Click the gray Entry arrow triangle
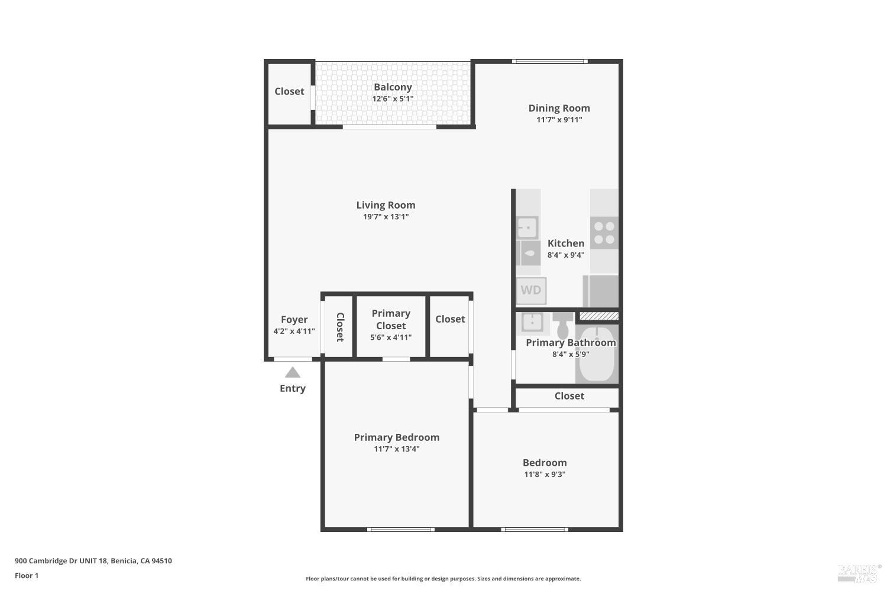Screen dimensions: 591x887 [293, 372]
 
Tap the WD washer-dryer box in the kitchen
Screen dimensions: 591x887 [531, 290]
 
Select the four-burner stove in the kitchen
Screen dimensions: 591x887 [604, 232]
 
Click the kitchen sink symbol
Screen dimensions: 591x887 [527, 227]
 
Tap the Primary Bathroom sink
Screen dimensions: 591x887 [532, 322]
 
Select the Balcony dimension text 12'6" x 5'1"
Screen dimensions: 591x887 [393, 99]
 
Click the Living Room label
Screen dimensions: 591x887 [386, 205]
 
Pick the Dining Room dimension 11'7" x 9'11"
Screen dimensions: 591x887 [559, 119]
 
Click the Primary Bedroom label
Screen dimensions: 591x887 [396, 437]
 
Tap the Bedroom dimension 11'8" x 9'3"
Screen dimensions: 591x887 [545, 474]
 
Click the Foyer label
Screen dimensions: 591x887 [294, 320]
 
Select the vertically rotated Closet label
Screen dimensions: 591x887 [340, 327]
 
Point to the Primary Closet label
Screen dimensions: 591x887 [391, 319]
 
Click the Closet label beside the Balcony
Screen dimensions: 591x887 [289, 92]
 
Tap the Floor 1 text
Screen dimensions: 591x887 [27, 576]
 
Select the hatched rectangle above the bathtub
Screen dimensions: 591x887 [598, 317]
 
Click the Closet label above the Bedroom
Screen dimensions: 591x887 [569, 396]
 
